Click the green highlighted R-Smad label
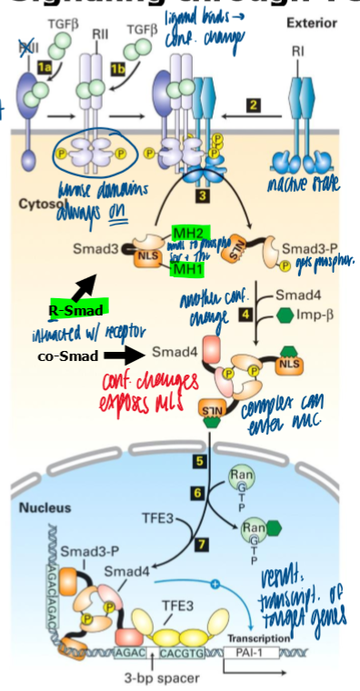pyautogui.click(x=77, y=309)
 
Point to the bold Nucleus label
pyautogui.click(x=40, y=506)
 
